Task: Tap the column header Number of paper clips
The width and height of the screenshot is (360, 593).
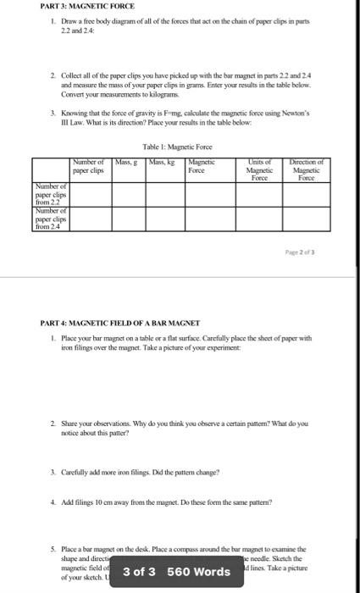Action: (88, 165)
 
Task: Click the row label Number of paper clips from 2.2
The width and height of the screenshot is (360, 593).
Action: (53, 194)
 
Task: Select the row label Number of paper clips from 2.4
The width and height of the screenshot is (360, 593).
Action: (53, 219)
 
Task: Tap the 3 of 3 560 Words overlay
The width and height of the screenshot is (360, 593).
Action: (176, 571)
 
